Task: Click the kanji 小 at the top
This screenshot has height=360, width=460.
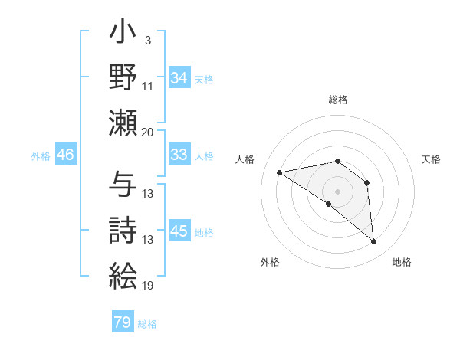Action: tap(123, 35)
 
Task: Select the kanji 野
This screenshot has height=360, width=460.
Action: tap(123, 78)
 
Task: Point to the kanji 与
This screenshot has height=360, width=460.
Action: tap(123, 185)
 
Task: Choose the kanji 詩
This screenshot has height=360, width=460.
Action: tap(123, 231)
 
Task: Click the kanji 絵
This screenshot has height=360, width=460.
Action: tap(123, 276)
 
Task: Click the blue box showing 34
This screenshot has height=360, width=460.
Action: tap(179, 78)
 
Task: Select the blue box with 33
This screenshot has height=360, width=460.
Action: tap(179, 155)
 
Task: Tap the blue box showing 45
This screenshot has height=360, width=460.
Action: tap(179, 231)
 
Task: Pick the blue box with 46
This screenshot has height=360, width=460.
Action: tap(65, 155)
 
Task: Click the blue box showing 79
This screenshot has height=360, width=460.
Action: tap(122, 322)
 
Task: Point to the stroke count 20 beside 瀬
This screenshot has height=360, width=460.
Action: tap(147, 133)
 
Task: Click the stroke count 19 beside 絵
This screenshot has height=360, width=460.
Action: tap(147, 286)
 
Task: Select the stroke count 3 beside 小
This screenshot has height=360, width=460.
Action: tap(146, 40)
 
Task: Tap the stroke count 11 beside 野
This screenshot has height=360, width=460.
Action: tap(147, 86)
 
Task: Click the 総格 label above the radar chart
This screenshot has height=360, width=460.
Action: tap(337, 100)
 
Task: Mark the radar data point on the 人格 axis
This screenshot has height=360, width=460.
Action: tap(280, 172)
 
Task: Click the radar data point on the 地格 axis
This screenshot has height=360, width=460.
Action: tap(373, 242)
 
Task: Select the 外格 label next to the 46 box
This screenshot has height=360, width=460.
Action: tap(41, 156)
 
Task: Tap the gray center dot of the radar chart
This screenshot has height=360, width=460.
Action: tap(337, 191)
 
